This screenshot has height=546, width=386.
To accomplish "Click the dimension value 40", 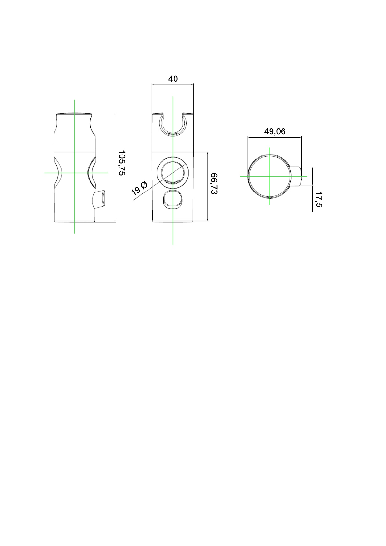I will click(173, 79).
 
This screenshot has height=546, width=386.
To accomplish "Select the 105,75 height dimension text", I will click(121, 163).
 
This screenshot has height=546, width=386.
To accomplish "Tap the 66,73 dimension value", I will click(214, 184).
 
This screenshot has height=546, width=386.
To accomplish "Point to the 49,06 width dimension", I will click(275, 131).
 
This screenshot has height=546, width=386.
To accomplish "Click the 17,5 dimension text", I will click(319, 199).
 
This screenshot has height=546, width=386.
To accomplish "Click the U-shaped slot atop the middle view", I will click(173, 125).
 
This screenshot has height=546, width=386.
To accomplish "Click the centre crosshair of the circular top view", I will click(270, 176).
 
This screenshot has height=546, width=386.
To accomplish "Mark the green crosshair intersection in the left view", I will click(75, 173).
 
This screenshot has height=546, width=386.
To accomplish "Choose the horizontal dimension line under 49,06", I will click(275, 137).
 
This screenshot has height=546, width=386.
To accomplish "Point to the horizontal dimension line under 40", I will click(173, 85).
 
